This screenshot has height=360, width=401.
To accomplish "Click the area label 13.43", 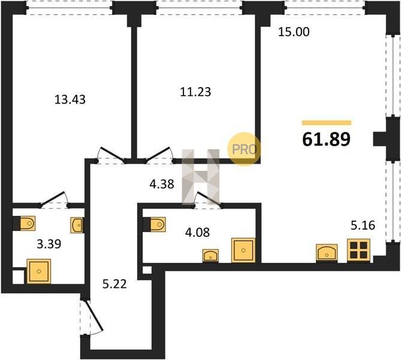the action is [x=70, y=100].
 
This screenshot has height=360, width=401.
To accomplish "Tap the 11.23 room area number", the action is [x=195, y=92].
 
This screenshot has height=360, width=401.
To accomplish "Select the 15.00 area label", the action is [x=294, y=32].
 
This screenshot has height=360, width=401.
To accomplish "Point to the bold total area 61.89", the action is [x=326, y=140].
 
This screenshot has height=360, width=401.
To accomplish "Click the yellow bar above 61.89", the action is [x=327, y=123].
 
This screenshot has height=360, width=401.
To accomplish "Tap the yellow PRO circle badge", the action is [x=245, y=149].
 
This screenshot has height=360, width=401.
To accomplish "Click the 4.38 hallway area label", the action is [x=162, y=184].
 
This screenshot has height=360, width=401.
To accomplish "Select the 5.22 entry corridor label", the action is [x=114, y=284].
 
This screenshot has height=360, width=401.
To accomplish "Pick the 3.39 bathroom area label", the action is [x=49, y=244].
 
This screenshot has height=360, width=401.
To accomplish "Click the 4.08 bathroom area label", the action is [x=198, y=232].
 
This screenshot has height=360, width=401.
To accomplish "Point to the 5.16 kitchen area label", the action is [x=363, y=226].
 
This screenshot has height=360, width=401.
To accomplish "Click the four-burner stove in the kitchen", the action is [x=358, y=250].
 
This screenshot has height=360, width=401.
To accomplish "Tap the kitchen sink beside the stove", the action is [x=327, y=253].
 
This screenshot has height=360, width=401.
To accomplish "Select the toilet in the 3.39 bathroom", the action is [x=27, y=223].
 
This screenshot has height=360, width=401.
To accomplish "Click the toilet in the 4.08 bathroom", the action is [x=157, y=224].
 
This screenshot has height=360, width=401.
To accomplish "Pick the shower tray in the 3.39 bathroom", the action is [x=39, y=271].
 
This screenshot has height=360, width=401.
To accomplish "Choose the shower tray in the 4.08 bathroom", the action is [x=243, y=250].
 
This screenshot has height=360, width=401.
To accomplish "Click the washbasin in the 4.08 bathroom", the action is [x=210, y=256].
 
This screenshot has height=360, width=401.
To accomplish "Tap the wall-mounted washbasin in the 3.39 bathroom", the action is [x=77, y=226].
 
